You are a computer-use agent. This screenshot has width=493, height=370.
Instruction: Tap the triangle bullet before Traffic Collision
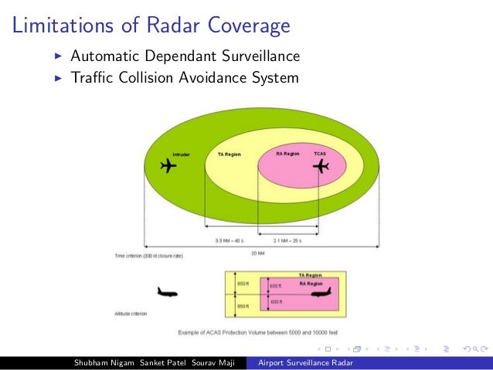(59, 78)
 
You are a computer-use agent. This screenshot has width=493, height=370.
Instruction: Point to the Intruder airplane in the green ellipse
(166, 166)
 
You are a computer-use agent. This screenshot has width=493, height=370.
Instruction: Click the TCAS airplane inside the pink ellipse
(319, 167)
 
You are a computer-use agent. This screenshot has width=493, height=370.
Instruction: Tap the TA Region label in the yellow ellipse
(229, 154)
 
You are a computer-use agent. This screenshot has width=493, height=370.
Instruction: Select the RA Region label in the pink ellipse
(287, 154)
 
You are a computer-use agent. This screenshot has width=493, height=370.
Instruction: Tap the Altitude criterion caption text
(131, 314)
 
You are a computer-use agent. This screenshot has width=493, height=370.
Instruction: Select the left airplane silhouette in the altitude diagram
(167, 292)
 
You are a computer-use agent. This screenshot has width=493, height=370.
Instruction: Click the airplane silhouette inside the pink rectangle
(319, 292)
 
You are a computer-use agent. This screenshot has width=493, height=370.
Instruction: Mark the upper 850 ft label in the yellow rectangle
(241, 283)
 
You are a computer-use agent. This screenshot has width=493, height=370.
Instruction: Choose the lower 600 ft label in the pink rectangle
(275, 301)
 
